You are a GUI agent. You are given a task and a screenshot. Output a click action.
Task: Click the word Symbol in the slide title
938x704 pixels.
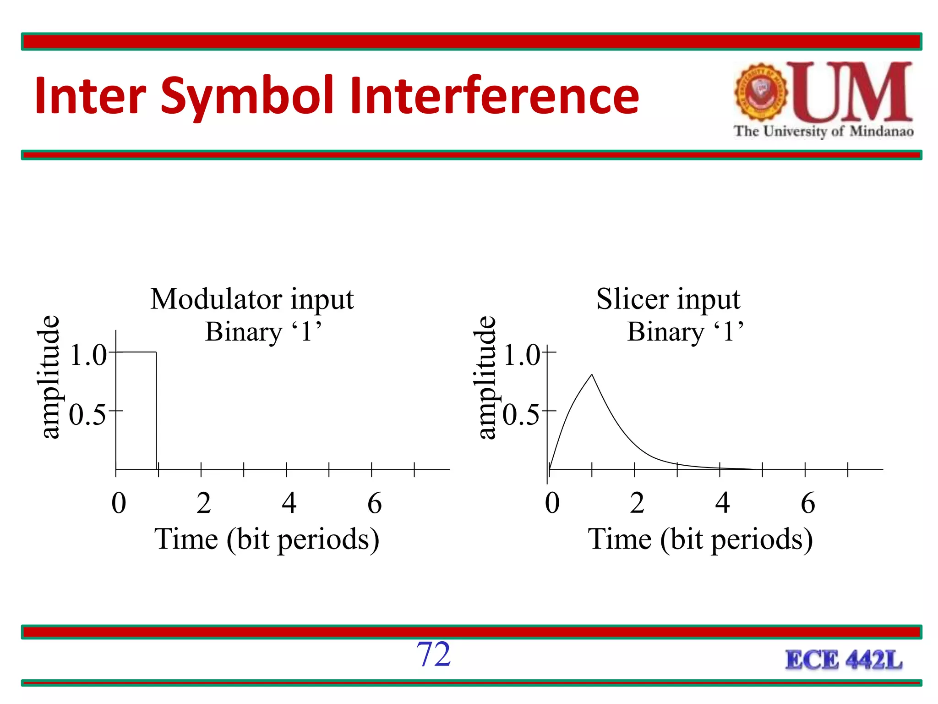pos(247,96)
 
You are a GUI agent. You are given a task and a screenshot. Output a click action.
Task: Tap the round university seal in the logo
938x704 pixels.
pos(761,92)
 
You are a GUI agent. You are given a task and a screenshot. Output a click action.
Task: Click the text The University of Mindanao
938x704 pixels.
pos(823,131)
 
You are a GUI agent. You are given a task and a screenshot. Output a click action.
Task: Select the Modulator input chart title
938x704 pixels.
pos(252,299)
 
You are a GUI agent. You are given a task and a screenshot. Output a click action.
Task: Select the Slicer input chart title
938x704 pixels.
pos(668,299)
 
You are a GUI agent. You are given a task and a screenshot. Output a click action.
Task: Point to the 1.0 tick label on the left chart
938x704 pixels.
pos(88,355)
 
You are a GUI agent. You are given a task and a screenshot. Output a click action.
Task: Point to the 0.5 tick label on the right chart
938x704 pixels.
pos(521,415)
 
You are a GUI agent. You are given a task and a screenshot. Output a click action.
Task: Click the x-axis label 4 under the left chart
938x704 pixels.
pos(289,503)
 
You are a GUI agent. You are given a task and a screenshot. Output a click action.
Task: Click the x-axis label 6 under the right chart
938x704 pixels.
pos(808,503)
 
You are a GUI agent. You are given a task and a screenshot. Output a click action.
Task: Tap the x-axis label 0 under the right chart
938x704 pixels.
pos(552,503)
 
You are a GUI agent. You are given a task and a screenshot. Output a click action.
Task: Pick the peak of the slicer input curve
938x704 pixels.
pos(592,375)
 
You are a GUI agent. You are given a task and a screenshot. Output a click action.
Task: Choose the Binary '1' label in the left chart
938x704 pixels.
pos(263,331)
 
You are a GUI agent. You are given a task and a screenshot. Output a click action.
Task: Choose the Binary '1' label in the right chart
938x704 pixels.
pos(685,331)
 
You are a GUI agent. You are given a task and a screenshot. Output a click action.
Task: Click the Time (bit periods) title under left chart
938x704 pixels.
pos(267,539)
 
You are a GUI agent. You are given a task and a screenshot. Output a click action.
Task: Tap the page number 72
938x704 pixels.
pos(433,654)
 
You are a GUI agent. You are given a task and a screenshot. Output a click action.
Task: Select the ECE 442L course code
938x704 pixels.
pos(844,660)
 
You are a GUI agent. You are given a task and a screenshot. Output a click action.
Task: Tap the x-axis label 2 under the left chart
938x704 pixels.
pos(204,503)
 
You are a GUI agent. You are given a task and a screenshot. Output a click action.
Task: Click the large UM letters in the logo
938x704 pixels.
pos(855,92)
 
